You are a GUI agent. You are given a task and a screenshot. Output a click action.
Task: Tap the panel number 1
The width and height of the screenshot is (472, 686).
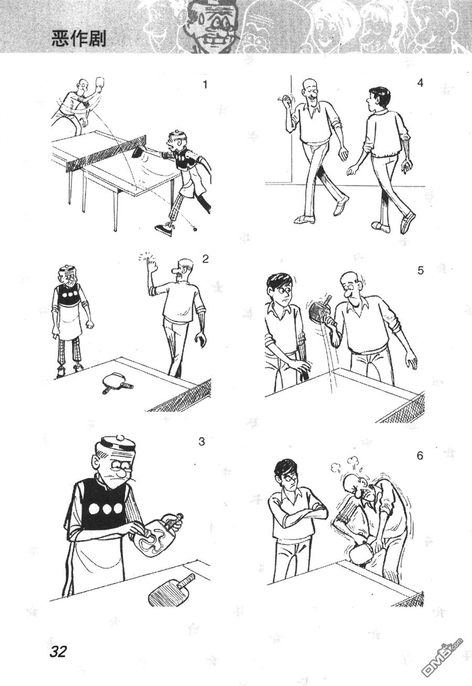pyautogui.click(x=205, y=84)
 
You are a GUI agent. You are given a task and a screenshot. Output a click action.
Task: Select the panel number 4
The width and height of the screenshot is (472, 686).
pyautogui.click(x=420, y=82)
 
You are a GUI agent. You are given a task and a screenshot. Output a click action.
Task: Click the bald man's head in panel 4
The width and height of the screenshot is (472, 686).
pyautogui.click(x=312, y=90)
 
